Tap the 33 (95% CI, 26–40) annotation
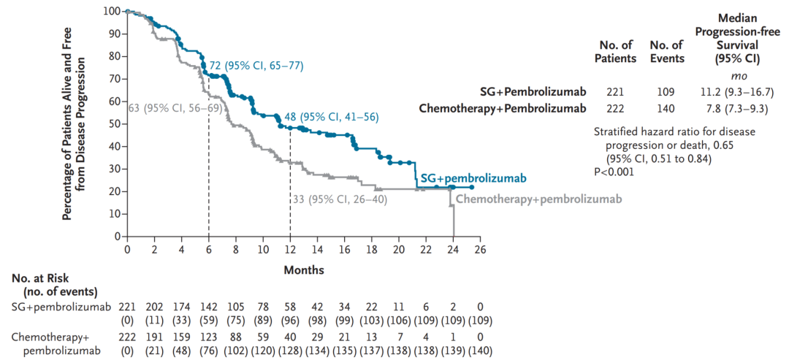(x=340, y=199)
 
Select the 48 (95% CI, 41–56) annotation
(x=333, y=118)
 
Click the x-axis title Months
(x=303, y=269)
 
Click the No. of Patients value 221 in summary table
(x=614, y=92)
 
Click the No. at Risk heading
(x=45, y=286)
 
